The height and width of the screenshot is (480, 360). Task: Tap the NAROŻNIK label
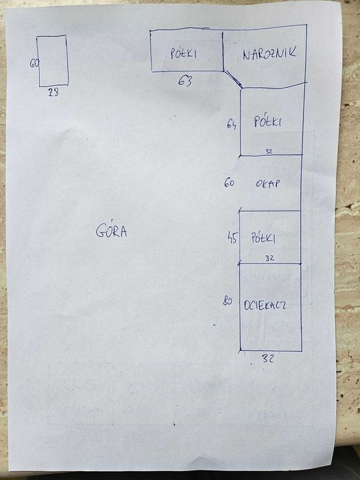click(269, 53)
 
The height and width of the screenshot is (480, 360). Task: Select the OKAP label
click(267, 183)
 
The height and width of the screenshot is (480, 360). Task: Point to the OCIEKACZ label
click(265, 305)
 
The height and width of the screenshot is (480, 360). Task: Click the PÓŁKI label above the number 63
click(183, 53)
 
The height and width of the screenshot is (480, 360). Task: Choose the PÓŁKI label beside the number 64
click(267, 121)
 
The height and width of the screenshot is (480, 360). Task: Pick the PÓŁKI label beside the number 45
click(263, 237)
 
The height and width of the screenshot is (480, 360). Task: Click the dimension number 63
click(185, 81)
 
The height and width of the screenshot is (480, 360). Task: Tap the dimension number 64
click(232, 124)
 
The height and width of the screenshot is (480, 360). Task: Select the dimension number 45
click(232, 238)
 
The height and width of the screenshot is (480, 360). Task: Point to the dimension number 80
click(228, 301)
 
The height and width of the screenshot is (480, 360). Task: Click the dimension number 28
click(53, 92)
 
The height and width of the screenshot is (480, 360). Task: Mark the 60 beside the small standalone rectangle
click(34, 63)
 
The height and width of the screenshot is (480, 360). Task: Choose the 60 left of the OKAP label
click(229, 183)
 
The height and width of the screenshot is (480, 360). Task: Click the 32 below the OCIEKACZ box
click(268, 358)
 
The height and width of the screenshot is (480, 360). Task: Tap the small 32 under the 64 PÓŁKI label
click(269, 152)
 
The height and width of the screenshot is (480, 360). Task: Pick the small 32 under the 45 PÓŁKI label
click(269, 259)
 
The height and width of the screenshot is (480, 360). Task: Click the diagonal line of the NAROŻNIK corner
click(232, 79)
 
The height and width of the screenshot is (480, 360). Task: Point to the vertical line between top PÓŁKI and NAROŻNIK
click(223, 51)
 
